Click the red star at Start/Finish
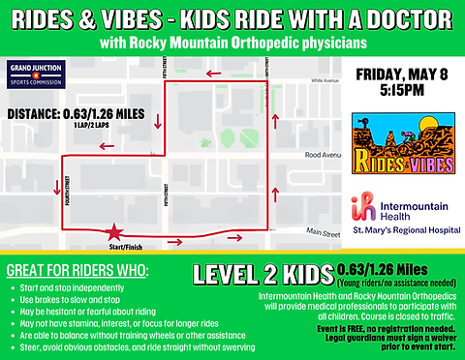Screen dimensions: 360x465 (x=115, y=233)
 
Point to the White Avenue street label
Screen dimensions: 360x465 (x=319, y=83)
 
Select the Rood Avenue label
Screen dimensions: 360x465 (x=322, y=154)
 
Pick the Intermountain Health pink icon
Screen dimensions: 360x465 (x=365, y=208)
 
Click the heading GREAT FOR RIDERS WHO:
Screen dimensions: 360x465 (x=69, y=269)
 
